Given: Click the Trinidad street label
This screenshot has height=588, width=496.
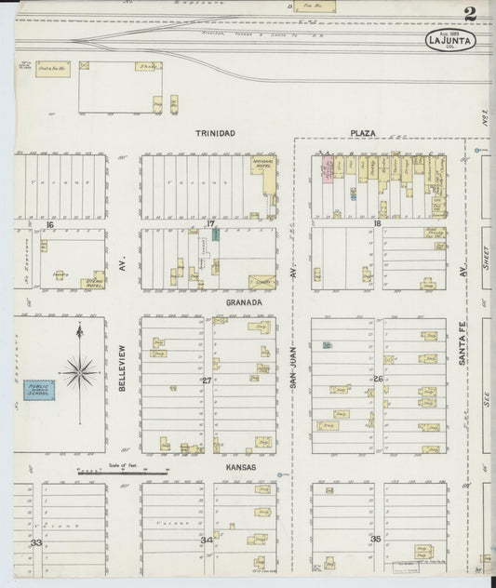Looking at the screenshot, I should pyautogui.click(x=215, y=134).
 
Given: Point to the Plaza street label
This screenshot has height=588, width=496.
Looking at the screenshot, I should pyautogui.click(x=363, y=134).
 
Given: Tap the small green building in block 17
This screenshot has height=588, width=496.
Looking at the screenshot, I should pyautogui.click(x=216, y=234).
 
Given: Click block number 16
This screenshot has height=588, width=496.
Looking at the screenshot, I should pyautogui.click(x=50, y=224).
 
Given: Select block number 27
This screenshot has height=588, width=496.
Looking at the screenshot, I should pyautogui.click(x=206, y=380).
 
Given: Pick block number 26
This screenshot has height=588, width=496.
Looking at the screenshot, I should pyautogui.click(x=378, y=380).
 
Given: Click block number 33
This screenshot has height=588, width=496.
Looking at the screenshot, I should pyautogui.click(x=35, y=541).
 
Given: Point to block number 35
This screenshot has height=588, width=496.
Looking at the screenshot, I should pyautogui.click(x=376, y=539).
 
